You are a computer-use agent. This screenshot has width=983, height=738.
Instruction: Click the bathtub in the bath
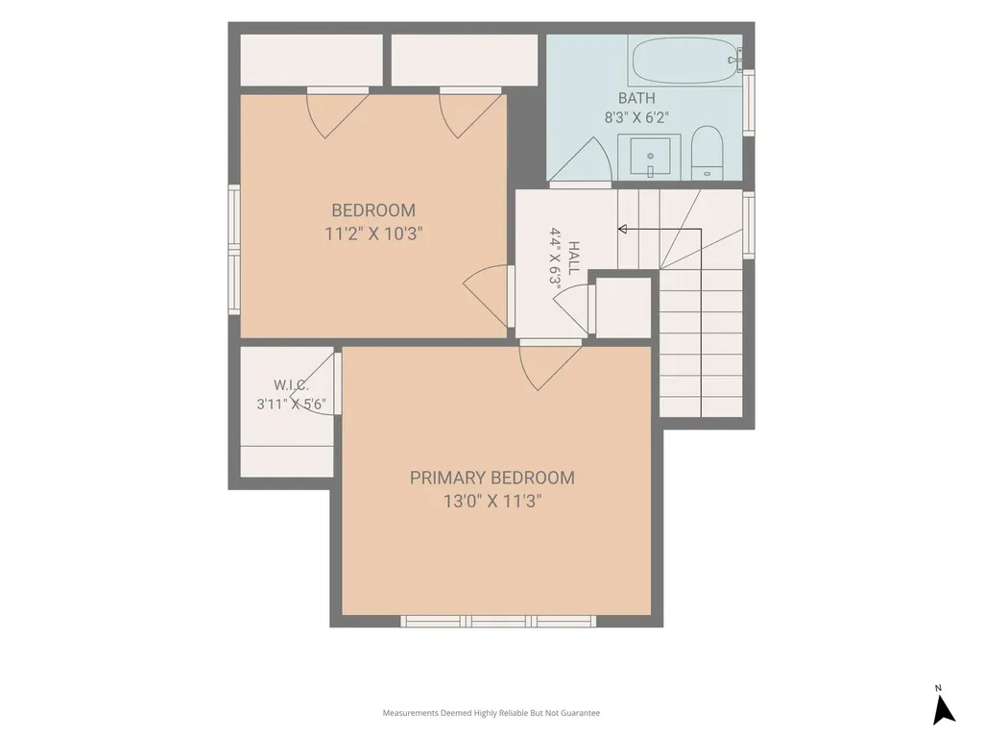click(x=685, y=61)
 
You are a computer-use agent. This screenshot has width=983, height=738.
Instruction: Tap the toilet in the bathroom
click(x=707, y=153)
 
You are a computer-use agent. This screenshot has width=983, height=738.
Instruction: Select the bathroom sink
click(x=650, y=157)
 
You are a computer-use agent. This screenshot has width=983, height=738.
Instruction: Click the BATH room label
click(x=636, y=99)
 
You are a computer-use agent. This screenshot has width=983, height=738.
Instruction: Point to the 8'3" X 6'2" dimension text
click(x=636, y=117)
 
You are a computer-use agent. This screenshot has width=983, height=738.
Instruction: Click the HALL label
click(x=573, y=258)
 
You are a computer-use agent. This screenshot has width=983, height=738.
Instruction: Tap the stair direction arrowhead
click(x=622, y=229)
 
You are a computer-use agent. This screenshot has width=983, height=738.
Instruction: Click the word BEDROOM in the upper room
click(x=373, y=210)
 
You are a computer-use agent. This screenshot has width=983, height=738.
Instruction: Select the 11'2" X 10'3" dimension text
click(x=373, y=234)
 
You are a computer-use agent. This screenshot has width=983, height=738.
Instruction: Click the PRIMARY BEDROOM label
click(x=492, y=479)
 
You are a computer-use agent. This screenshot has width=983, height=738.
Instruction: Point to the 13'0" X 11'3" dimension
click(x=492, y=502)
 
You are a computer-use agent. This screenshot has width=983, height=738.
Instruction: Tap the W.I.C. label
click(x=291, y=385)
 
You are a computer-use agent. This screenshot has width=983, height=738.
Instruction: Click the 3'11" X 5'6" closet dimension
click(x=291, y=405)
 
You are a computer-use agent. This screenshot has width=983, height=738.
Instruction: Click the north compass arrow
click(x=944, y=710)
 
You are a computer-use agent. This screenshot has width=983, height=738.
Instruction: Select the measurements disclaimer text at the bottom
click(x=491, y=713)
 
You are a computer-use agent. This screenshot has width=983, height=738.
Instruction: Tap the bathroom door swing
click(x=581, y=162)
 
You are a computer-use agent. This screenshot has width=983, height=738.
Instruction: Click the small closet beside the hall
click(x=623, y=307)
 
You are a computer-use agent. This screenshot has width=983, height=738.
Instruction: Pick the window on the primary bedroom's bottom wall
click(x=498, y=622)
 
